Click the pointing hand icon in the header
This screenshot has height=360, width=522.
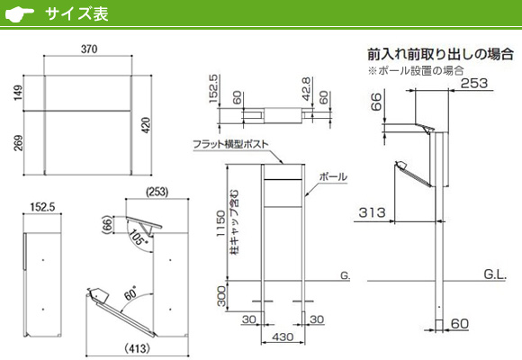(x=20, y=14)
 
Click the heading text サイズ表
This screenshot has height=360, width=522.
(x=76, y=14)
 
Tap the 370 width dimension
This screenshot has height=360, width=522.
(x=89, y=49)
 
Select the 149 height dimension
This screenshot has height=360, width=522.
(x=18, y=93)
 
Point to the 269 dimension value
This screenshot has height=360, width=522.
(x=18, y=143)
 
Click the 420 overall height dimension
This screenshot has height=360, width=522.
(x=146, y=125)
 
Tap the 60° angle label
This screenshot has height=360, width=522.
(x=130, y=293)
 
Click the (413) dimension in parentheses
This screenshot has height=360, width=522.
(x=137, y=348)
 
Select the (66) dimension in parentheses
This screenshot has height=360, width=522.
(x=107, y=224)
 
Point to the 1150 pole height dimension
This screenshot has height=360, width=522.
(x=220, y=223)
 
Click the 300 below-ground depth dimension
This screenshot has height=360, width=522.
(x=221, y=296)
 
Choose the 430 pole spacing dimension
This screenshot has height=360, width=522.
(x=283, y=337)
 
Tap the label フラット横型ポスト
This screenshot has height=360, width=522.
(x=230, y=144)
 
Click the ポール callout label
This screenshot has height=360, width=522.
(x=333, y=176)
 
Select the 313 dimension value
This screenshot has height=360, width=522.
(x=373, y=212)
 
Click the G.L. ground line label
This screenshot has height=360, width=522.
(x=495, y=274)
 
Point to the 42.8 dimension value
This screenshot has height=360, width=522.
(x=306, y=89)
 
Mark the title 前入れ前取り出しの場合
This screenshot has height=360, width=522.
(x=440, y=54)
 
